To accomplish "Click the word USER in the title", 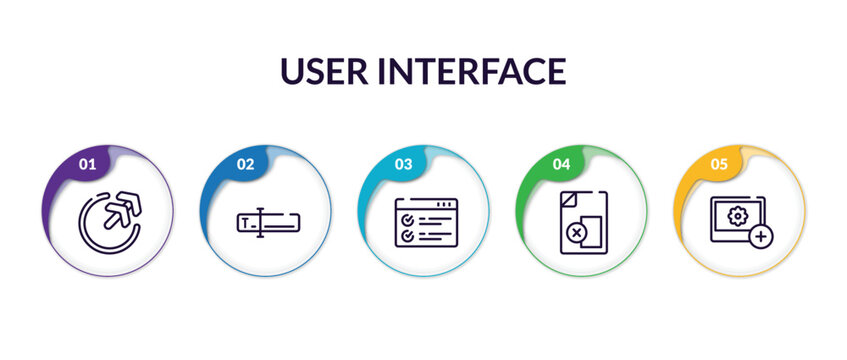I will tap(324, 71).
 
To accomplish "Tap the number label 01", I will tap(87, 163).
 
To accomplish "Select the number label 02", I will tap(245, 163).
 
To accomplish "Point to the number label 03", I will tap(403, 163).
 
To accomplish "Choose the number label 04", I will tap(561, 163).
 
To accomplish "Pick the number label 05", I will tap(719, 163).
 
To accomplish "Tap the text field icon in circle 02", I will tap(266, 223).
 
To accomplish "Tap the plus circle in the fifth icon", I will tap(762, 236).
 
